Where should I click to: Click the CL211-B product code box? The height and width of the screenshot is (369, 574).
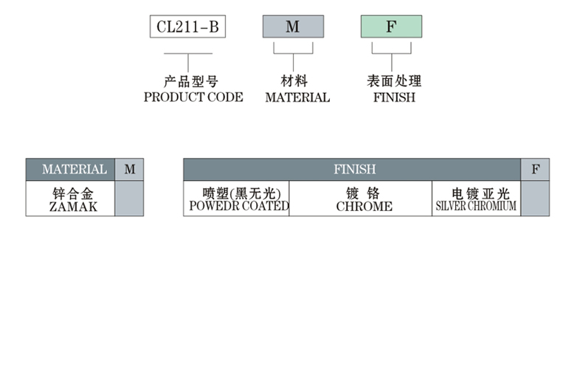(x=187, y=27)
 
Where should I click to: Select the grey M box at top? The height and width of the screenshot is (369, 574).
(x=293, y=27)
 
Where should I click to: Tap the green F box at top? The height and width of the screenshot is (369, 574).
(x=391, y=27)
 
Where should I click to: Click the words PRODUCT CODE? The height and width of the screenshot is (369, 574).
(x=193, y=97)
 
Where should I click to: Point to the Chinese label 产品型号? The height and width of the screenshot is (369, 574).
(x=190, y=82)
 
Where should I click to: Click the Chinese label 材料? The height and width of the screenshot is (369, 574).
(x=294, y=82)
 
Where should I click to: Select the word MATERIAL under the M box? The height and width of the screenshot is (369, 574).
(x=297, y=97)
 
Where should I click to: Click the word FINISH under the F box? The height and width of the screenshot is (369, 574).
(x=394, y=97)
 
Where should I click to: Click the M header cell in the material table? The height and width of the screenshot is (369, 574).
(x=130, y=170)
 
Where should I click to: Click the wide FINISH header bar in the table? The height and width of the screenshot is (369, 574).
(x=354, y=170)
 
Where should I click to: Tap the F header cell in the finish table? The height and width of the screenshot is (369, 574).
(x=536, y=170)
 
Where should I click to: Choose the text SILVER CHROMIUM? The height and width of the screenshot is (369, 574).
(x=476, y=207)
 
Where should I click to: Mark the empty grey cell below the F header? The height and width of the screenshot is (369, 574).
(x=536, y=199)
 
